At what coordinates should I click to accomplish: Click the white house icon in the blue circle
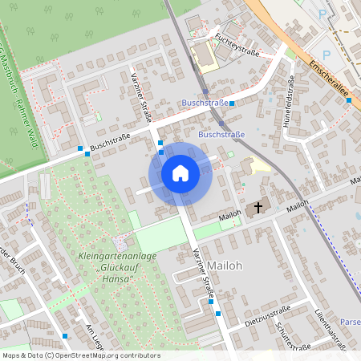click(180, 173)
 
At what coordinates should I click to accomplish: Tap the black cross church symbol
click(258, 208)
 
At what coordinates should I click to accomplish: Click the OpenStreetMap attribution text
click(81, 355)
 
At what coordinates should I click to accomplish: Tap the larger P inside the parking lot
click(322, 13)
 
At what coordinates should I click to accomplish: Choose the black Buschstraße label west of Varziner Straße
click(110, 143)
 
